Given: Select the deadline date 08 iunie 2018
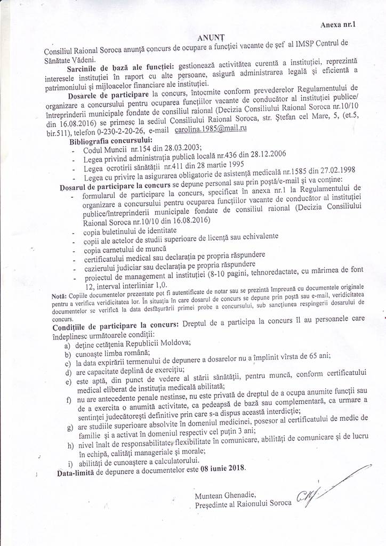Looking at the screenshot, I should (222, 468).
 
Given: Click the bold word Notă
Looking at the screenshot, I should (60, 294).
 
